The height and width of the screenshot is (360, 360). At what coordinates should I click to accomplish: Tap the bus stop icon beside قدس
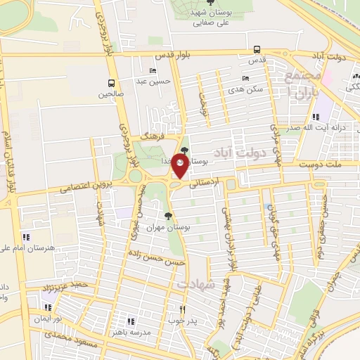tap(257, 50)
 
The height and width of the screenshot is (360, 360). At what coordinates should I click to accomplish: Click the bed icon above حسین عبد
tap(153, 70)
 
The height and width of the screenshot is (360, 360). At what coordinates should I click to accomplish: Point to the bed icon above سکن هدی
tap(245, 79)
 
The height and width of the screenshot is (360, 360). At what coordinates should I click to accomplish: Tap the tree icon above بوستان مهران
tap(167, 216)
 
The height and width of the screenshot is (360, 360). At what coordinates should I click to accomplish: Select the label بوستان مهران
tap(169, 228)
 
